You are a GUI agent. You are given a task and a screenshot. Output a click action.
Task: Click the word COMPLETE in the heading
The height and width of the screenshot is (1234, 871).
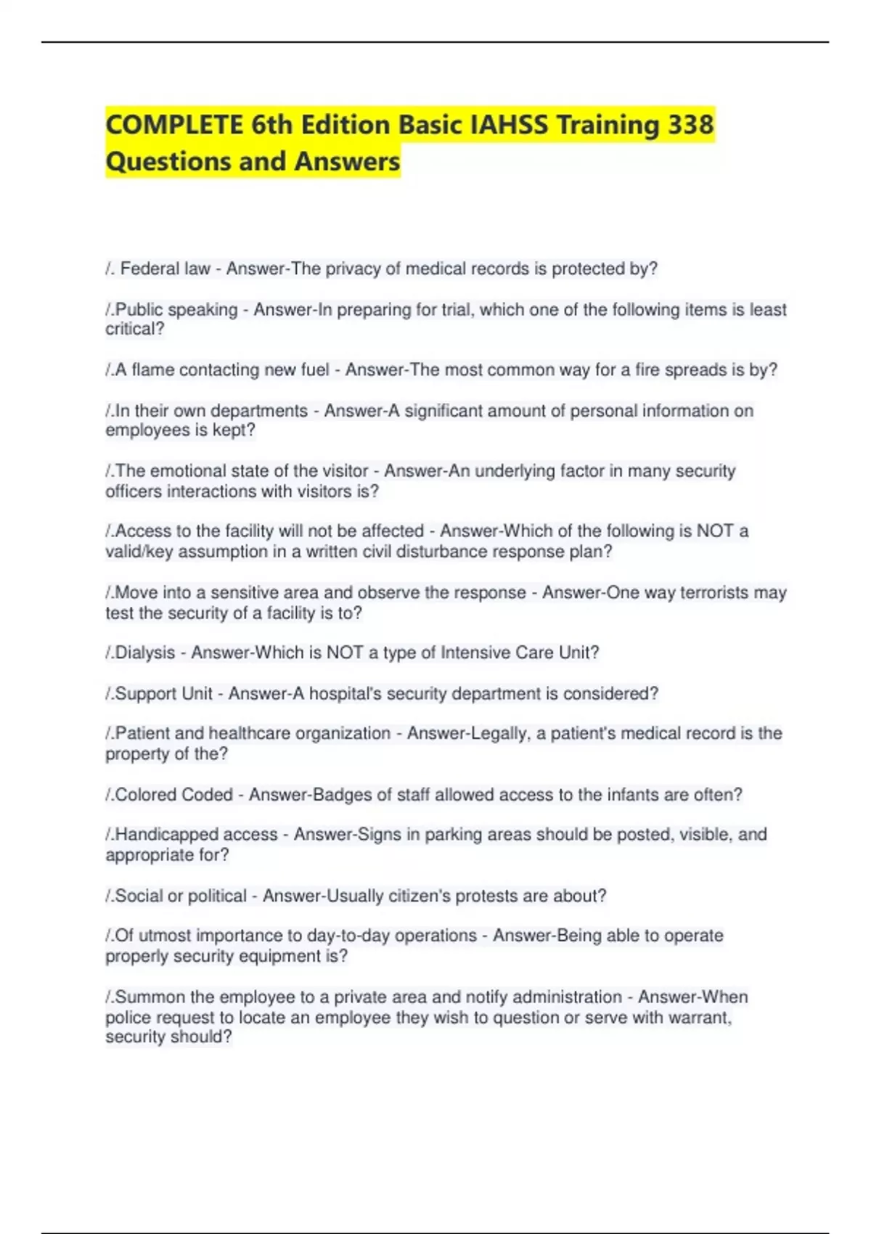pos(175,125)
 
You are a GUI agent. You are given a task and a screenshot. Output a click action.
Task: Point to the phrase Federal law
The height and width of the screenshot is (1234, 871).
pos(165,269)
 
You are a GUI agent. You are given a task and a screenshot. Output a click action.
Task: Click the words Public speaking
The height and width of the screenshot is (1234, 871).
pos(176,310)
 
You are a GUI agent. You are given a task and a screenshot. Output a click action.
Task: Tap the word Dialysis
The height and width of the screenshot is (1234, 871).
pos(145,653)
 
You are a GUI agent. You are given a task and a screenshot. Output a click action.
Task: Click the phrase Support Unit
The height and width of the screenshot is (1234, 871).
pos(164,693)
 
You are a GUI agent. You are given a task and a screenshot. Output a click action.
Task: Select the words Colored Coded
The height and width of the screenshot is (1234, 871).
pos(174,795)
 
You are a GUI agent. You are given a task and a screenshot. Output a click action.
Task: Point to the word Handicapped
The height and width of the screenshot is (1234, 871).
pos(160,835)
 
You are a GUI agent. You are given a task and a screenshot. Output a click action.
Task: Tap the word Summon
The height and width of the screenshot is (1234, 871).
pos(150,997)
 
